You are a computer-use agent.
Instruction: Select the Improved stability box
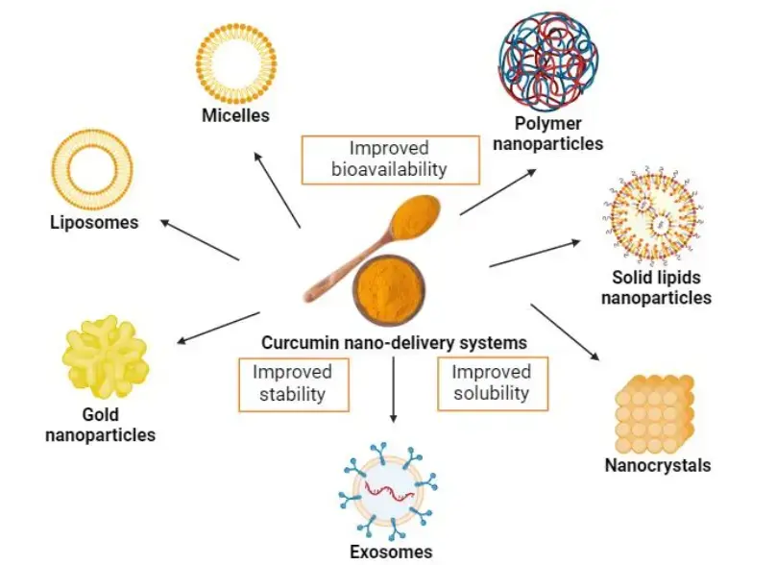[292, 382]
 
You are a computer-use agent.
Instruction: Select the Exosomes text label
[391, 551]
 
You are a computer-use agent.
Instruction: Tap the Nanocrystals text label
[657, 466]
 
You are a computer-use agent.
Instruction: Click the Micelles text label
[235, 117]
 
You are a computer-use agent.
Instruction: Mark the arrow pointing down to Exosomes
[392, 389]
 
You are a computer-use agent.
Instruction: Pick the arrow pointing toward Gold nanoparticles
[220, 325]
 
